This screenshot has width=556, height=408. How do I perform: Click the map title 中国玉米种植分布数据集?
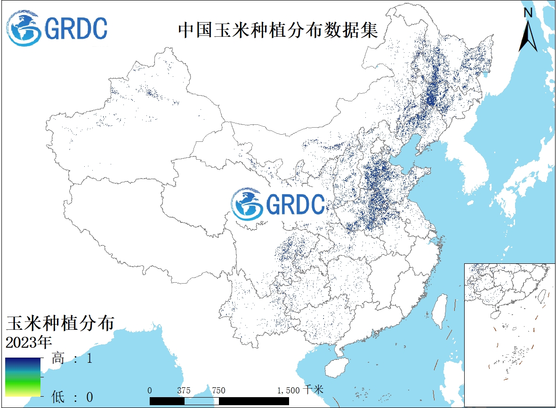tap(278, 30)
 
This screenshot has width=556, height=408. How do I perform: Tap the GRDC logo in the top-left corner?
tap(57, 28)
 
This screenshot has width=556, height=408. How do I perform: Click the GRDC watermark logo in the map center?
tap(278, 204)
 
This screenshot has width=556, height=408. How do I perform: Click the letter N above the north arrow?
tap(528, 13)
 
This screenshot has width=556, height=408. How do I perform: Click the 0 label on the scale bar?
tap(150, 391)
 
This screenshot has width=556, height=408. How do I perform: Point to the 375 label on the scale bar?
tap(184, 391)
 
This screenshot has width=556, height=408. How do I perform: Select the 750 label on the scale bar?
tap(218, 391)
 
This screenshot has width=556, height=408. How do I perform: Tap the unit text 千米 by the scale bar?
tap(314, 390)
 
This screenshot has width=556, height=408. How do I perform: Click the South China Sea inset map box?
tap(509, 335)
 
